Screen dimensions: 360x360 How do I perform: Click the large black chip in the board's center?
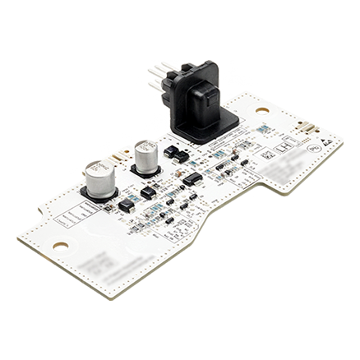(190, 178)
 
